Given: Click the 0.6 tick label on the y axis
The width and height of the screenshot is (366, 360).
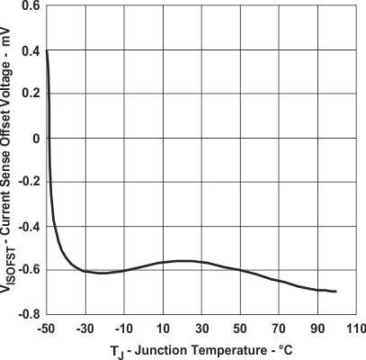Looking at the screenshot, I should [x=31, y=6].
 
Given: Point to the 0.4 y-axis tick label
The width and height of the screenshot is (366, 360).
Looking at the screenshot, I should [x=31, y=51].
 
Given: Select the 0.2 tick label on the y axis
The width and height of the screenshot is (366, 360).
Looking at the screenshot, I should [x=31, y=95].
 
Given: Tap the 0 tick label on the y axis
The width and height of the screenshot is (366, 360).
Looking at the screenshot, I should [x=36, y=139].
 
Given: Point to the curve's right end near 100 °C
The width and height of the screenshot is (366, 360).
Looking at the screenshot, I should [x=336, y=292].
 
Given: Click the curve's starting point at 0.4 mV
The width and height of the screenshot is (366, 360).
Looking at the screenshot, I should [x=47, y=51].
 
